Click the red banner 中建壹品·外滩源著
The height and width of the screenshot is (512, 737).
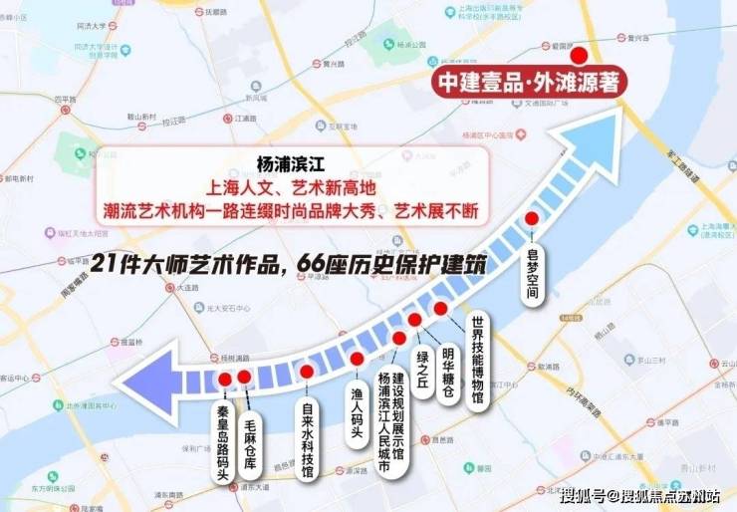pos(529,82)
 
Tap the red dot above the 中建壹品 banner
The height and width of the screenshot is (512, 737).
pos(580,56)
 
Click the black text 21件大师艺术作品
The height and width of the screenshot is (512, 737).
pos(168,264)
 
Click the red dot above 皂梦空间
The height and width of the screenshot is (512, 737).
pos(532,218)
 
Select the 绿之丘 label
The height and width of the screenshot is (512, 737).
pos(422,373)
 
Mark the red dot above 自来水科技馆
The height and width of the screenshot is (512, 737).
pos(307,371)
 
